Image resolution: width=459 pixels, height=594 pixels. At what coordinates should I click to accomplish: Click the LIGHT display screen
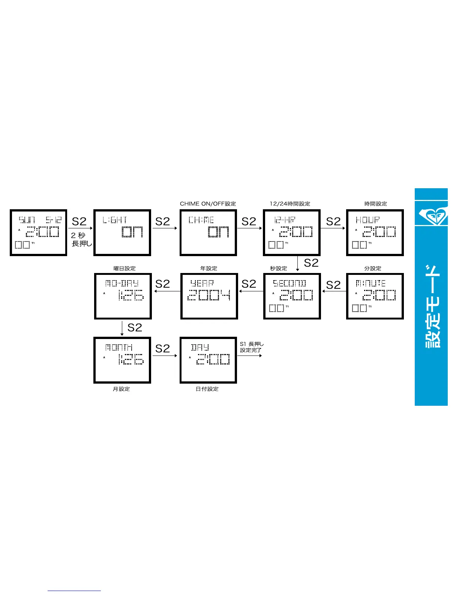point(122,232)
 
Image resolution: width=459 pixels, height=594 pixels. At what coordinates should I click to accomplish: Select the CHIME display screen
point(208,232)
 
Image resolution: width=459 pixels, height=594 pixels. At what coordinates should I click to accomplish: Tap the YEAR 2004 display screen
point(209,296)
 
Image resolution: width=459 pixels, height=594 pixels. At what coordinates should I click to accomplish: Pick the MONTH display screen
point(122,360)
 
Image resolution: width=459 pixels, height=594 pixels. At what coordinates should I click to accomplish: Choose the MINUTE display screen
point(375,296)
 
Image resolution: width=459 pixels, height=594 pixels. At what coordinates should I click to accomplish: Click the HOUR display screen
point(375,232)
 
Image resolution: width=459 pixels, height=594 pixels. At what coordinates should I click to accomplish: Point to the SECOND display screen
point(292,296)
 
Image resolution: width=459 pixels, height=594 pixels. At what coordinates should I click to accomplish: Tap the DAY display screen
point(208,360)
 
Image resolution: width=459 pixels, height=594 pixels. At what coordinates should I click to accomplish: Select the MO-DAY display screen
point(123,296)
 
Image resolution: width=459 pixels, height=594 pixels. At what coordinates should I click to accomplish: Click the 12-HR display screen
point(291,232)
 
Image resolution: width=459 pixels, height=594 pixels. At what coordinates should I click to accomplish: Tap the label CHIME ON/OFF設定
point(208,204)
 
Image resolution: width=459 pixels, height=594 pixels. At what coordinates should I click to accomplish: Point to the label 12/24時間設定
point(290,204)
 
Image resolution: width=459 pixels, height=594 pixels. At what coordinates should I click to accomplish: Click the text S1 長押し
point(252,344)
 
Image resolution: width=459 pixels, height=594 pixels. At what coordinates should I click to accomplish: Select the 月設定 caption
point(121,389)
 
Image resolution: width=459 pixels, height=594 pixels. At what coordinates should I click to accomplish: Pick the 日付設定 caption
point(207,389)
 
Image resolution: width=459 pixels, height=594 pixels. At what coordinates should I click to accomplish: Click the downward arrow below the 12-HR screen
point(298,263)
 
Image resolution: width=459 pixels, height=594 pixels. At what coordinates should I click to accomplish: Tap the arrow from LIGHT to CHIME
point(165,228)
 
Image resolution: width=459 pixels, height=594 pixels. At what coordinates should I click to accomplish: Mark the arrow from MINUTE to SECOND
point(334,291)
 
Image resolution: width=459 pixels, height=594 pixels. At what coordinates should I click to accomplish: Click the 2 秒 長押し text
point(81,239)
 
